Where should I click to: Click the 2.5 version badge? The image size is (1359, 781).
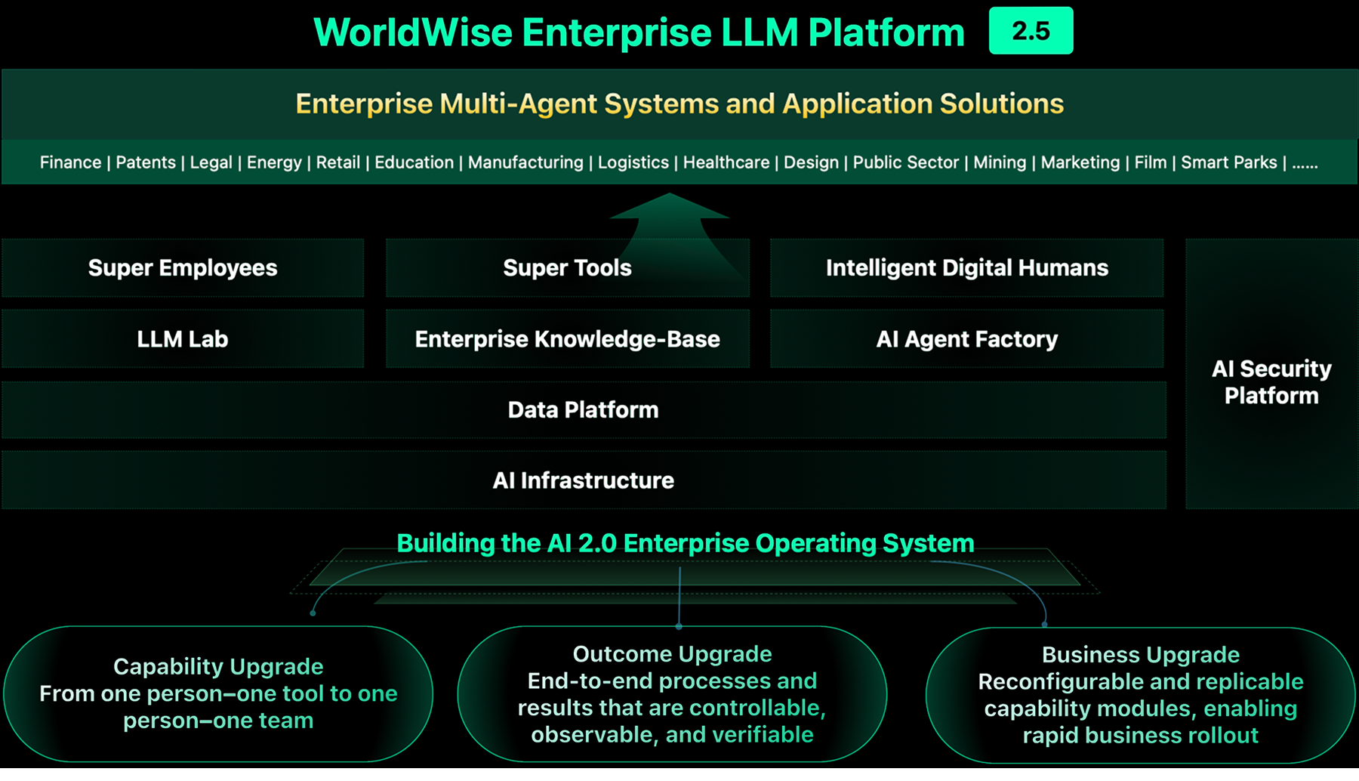1031,31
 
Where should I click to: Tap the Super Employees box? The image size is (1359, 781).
183,268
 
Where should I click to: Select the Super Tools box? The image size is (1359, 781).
567,268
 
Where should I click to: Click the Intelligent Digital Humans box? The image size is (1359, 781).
966,268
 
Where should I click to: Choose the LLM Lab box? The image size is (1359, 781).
183,339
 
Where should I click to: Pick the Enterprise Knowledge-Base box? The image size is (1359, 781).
567,339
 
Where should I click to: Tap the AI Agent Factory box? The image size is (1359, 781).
966,339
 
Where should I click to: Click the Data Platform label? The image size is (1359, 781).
583,410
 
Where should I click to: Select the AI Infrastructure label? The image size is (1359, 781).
583,480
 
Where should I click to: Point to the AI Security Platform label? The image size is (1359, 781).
1271,382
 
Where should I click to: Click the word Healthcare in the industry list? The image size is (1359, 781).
726,162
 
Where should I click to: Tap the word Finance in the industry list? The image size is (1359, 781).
70,162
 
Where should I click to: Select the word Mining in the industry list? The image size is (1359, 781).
1000,162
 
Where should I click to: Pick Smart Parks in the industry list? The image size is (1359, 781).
1228,162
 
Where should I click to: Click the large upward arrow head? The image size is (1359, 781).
669,208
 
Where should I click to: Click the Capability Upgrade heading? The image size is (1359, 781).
218,666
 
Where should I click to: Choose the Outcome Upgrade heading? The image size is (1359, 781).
672,653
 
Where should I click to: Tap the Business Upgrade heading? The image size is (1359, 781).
1140,654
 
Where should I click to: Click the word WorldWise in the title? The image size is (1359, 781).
412,32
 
